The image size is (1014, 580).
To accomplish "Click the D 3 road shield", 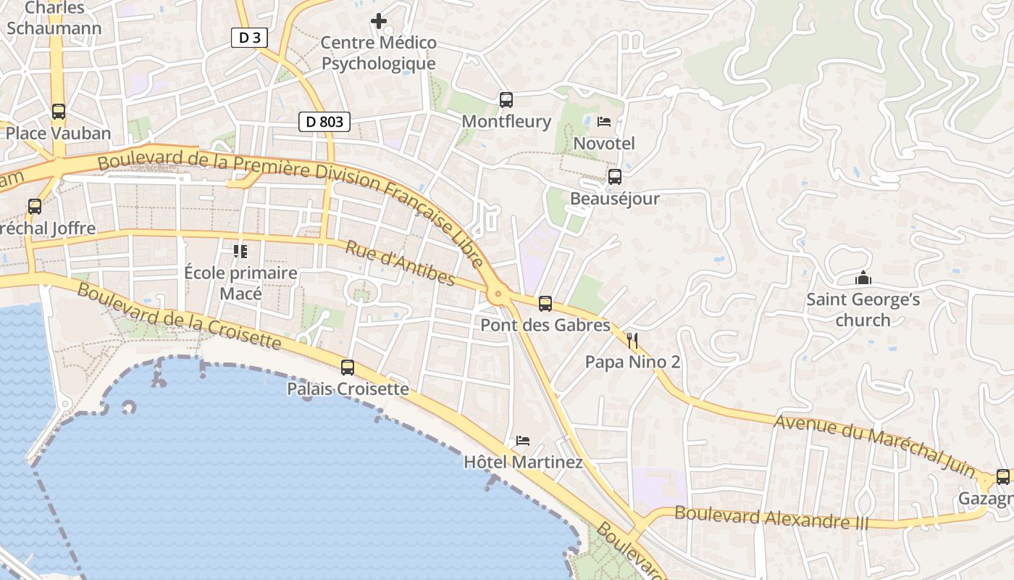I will click(x=249, y=38).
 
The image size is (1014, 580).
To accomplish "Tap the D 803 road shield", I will click(x=324, y=122).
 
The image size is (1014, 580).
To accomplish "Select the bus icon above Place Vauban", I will click(x=59, y=112).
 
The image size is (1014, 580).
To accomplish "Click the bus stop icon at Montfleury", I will click(x=506, y=100).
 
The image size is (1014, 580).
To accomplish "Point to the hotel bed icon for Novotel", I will click(x=604, y=122).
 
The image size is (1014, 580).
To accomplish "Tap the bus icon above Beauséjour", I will click(x=614, y=176).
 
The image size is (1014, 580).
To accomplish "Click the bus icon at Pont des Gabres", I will click(x=545, y=304).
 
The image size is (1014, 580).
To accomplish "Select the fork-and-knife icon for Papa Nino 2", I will click(x=632, y=340).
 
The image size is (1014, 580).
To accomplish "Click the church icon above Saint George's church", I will click(x=863, y=278).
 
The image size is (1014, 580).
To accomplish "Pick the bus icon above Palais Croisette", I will click(x=348, y=368).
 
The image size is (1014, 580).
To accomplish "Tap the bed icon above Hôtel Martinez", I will click(x=522, y=440).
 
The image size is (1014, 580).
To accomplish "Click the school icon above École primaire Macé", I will click(x=240, y=252).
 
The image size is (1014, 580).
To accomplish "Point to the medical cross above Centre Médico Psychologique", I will click(x=378, y=21).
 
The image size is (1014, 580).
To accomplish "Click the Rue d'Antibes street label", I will click(x=400, y=262).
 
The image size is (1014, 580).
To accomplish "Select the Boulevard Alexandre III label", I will click(x=771, y=518).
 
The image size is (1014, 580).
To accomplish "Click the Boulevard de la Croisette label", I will click(x=178, y=315).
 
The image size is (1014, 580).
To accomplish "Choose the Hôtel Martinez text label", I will click(x=523, y=462).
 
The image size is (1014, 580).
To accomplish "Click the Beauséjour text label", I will click(x=614, y=198).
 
